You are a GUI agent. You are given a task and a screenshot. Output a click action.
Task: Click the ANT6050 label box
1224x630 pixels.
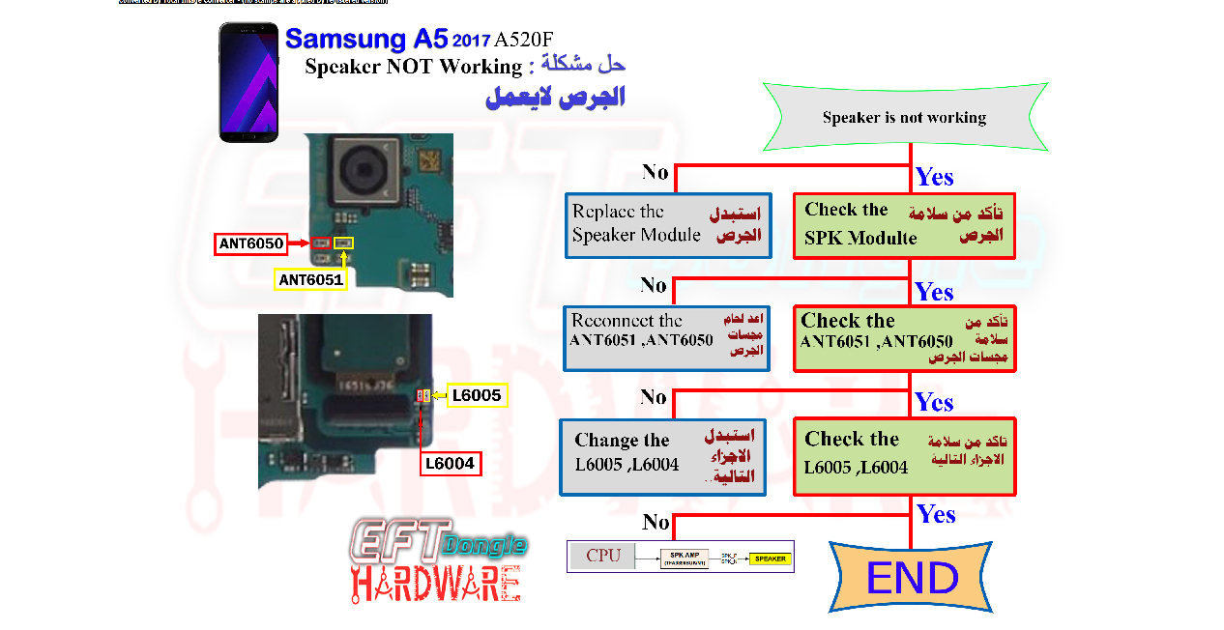251,244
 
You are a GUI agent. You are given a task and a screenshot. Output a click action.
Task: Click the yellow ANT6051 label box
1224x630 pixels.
309,279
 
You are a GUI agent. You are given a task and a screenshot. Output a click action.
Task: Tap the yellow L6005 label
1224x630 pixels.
477,395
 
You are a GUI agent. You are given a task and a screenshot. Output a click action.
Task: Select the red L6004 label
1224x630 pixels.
451,464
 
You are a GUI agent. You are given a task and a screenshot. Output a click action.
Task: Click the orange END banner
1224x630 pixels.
912,577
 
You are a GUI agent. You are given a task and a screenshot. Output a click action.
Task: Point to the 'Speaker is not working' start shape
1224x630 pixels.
905,117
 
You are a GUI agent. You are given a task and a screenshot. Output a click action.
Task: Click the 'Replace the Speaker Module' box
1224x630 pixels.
668,225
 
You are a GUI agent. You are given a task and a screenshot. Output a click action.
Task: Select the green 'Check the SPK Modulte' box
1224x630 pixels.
904,225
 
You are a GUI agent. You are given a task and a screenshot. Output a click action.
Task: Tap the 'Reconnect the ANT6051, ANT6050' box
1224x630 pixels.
668,338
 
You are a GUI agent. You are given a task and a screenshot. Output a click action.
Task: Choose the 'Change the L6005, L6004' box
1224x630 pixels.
663,457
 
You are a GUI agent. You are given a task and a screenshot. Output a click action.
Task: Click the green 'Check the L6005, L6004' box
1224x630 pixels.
904,456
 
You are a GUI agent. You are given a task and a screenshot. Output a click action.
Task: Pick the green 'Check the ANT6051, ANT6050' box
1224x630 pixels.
904,338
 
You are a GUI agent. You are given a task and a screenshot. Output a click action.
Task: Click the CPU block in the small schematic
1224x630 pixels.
603,556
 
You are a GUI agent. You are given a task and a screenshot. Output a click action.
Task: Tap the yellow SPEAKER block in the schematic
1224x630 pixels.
771,558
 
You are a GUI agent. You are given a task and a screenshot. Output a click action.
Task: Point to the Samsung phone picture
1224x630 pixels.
248,82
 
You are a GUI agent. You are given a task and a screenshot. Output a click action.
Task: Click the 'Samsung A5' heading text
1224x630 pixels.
366,40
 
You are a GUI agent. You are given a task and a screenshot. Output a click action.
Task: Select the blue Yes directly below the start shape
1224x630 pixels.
934,177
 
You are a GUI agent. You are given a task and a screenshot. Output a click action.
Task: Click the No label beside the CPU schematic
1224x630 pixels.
656,523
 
